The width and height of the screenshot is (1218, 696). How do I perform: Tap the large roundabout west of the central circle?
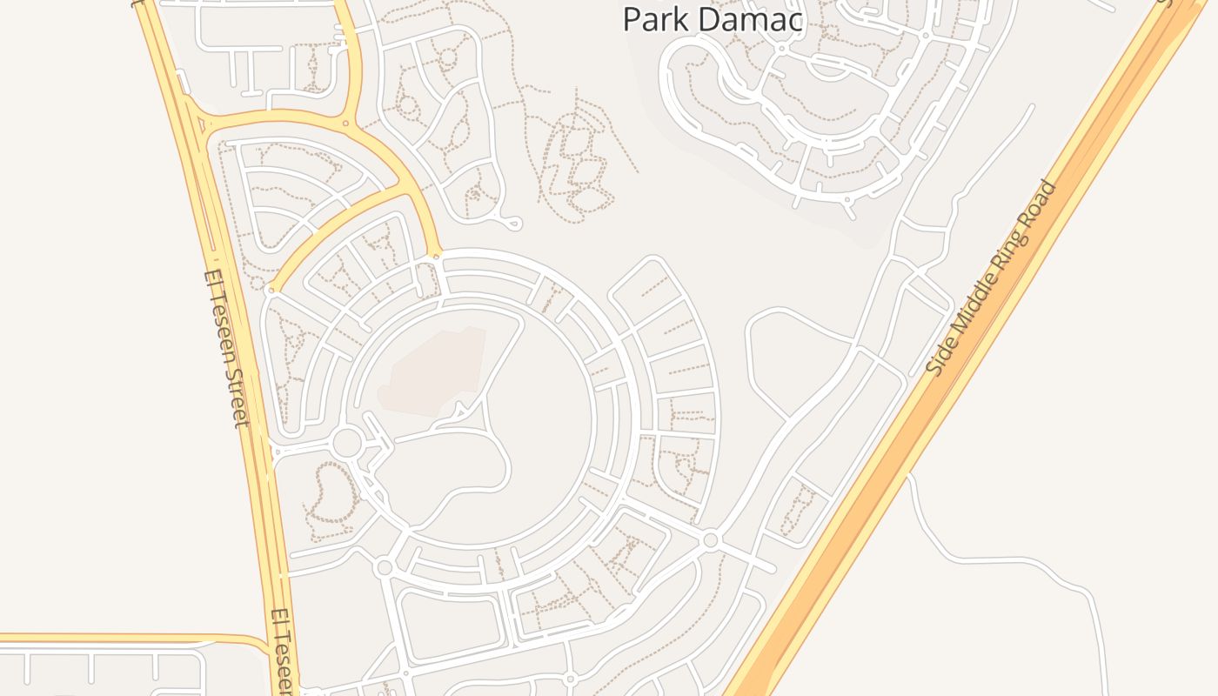[x=346, y=443]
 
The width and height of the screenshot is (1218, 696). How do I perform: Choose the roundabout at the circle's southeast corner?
[x=710, y=540]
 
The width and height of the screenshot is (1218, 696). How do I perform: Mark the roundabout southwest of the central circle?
[x=384, y=568]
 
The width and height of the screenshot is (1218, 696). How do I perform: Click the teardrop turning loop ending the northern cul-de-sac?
[x=512, y=225]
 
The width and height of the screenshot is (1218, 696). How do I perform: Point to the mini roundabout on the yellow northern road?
[x=345, y=124]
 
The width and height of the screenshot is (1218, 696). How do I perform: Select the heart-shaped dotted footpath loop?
[x=330, y=495]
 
